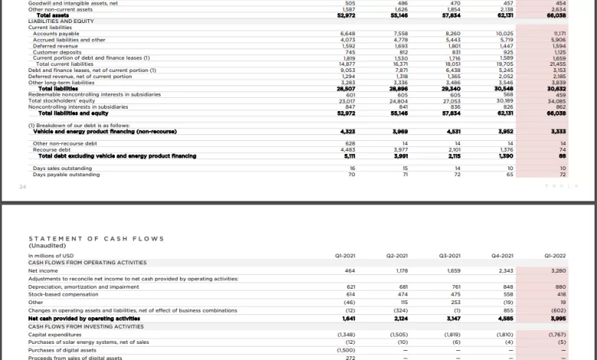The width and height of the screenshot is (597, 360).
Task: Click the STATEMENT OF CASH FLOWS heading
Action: (x=96, y=239)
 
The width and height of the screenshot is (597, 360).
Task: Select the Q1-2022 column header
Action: (x=558, y=254)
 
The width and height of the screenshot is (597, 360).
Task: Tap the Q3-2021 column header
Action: (x=452, y=254)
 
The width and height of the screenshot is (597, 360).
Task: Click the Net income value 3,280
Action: (x=558, y=270)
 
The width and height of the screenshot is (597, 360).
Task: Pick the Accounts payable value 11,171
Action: (x=558, y=34)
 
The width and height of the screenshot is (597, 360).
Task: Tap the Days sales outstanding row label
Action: (x=62, y=168)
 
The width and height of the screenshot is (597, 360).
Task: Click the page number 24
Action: (x=23, y=185)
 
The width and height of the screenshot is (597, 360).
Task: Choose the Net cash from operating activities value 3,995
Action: (x=558, y=318)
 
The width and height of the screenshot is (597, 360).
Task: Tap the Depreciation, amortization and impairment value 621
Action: (x=351, y=286)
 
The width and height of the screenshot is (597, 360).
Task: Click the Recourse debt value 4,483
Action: (x=347, y=150)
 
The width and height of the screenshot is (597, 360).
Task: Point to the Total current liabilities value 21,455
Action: (x=558, y=64)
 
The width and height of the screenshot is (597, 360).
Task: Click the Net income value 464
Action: (x=350, y=270)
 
